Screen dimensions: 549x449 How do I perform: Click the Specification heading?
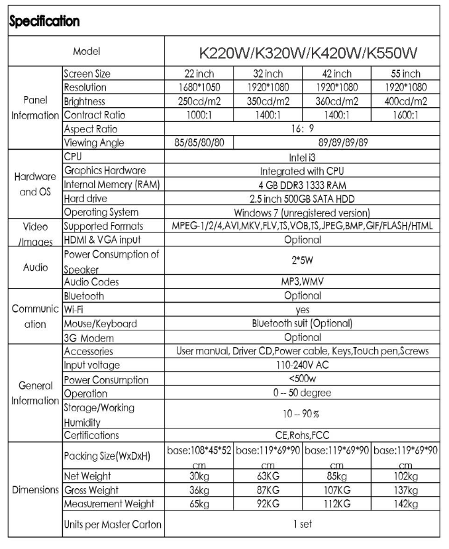click(x=44, y=21)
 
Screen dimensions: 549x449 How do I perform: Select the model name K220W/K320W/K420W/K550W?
click(x=303, y=52)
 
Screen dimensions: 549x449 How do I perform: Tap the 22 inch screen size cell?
click(x=199, y=74)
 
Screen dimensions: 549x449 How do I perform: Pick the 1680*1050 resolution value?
click(x=199, y=87)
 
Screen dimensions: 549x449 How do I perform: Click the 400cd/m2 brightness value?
click(x=406, y=101)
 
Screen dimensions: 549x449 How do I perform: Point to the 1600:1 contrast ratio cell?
click(x=406, y=115)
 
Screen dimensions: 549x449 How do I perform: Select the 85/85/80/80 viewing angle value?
click(x=199, y=142)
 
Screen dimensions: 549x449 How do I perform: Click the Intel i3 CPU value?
click(x=303, y=157)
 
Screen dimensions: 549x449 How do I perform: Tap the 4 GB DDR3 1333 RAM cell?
click(x=303, y=185)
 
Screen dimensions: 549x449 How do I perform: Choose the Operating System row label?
click(x=101, y=213)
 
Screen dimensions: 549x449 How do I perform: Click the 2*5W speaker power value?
click(x=303, y=261)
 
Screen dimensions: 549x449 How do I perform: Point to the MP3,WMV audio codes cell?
click(x=303, y=281)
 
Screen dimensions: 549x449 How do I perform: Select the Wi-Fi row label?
click(x=73, y=309)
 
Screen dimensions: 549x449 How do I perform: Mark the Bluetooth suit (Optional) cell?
click(x=303, y=323)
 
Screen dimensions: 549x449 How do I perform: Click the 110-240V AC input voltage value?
click(x=303, y=366)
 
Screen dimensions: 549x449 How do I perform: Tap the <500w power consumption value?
click(x=303, y=379)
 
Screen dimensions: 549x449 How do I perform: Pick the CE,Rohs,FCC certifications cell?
click(x=303, y=435)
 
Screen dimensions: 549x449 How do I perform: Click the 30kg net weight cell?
click(x=199, y=477)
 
